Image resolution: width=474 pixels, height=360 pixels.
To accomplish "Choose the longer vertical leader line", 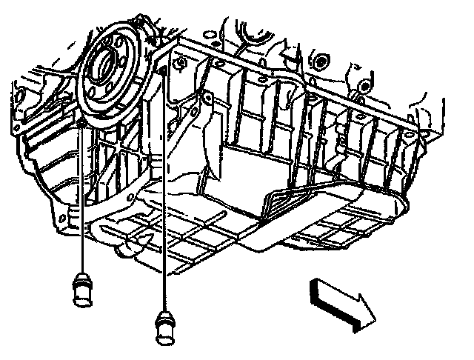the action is click(x=162, y=193).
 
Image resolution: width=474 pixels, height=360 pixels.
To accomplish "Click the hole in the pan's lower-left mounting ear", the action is click(x=73, y=215).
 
